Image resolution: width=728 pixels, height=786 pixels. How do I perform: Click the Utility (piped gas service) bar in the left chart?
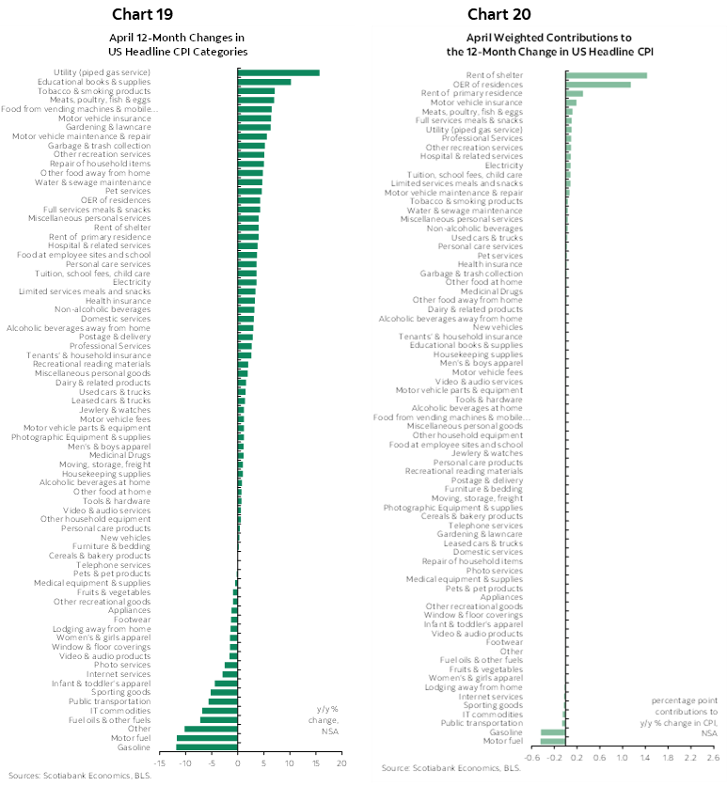pyautogui.click(x=279, y=72)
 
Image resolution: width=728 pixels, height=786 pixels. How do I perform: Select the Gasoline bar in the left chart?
pyautogui.click(x=207, y=747)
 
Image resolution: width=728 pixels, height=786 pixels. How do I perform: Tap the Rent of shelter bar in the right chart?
pyautogui.click(x=606, y=75)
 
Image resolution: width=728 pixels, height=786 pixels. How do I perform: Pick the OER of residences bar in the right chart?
pyautogui.click(x=598, y=85)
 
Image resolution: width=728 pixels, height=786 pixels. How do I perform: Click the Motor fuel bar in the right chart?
pyautogui.click(x=553, y=741)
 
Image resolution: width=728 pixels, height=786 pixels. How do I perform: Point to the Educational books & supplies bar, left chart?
pyautogui.click(x=264, y=82)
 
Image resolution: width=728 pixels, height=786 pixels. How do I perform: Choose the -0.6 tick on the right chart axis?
pyautogui.click(x=532, y=756)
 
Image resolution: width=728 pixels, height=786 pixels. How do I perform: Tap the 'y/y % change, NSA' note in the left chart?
pyautogui.click(x=325, y=720)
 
